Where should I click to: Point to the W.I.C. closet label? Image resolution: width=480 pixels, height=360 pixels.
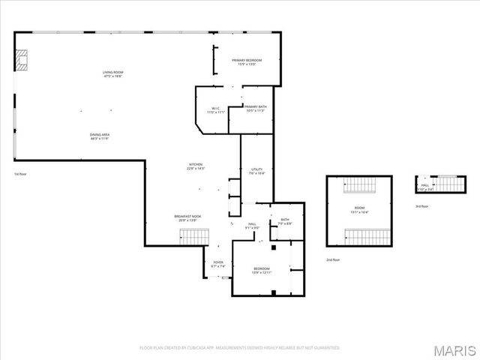coord(215,109)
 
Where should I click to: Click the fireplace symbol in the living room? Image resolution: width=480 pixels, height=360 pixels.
coord(22,60)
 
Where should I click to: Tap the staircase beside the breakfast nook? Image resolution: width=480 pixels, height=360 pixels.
coord(194,237)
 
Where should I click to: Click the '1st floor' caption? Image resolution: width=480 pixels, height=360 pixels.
coord(20,174)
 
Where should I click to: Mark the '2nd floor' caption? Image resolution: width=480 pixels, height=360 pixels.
coord(333,259)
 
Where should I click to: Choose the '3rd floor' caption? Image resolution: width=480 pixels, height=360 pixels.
coord(422,206)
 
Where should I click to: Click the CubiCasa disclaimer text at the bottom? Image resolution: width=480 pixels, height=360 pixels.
coord(240,347)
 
